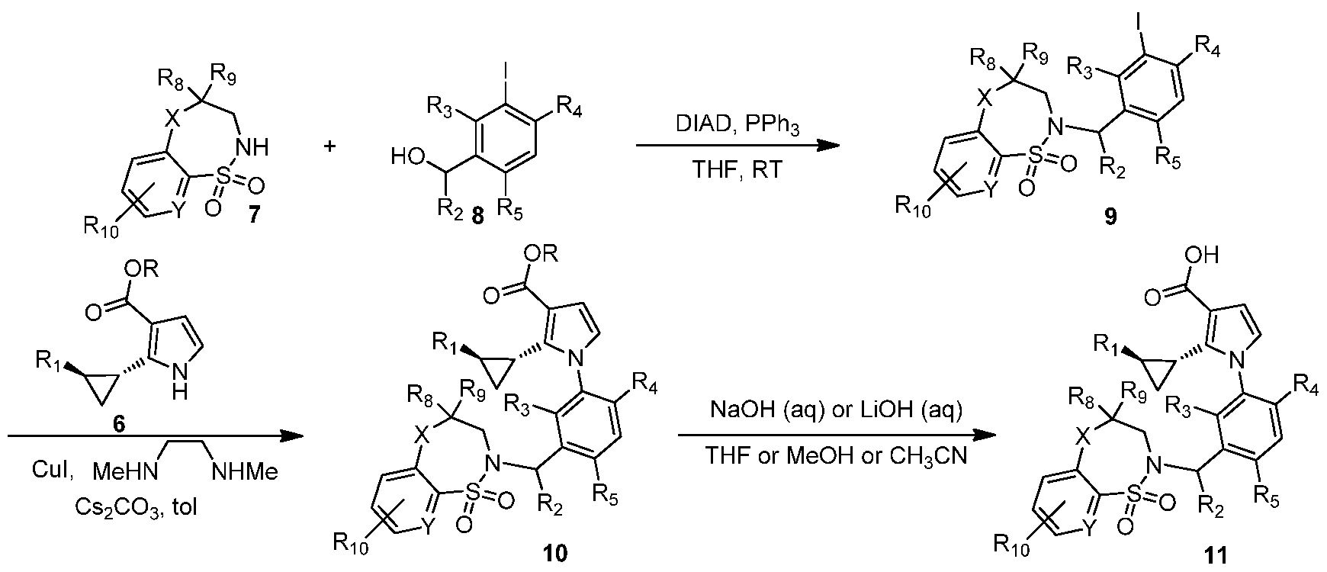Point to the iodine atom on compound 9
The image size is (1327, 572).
[x=1140, y=13]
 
